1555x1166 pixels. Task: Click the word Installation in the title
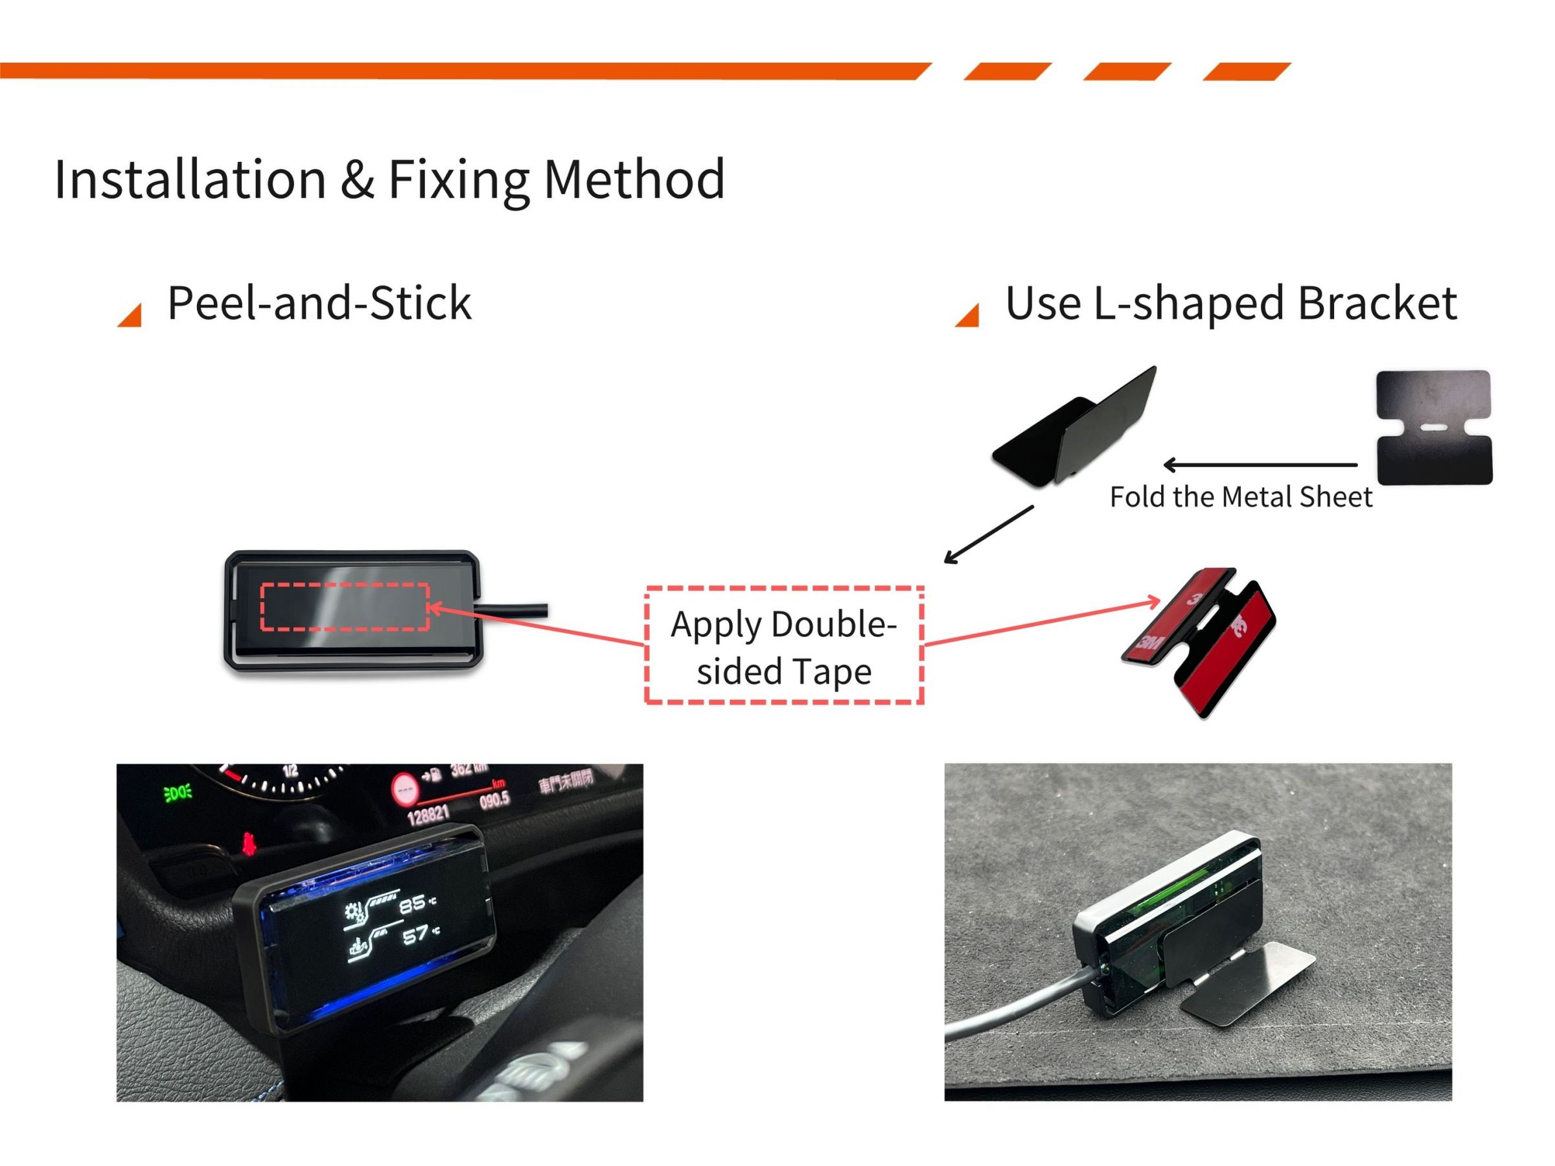point(190,180)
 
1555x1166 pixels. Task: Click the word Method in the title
point(634,180)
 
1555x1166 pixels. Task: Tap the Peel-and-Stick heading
point(319,304)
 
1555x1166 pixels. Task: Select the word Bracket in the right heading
point(1377,304)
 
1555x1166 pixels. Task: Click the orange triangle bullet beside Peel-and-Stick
point(131,316)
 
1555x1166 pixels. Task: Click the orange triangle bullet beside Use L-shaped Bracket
point(969,316)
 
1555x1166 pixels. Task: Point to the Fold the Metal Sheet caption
point(1241,497)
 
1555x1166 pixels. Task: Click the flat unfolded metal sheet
point(1434,427)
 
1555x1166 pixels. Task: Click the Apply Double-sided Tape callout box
point(784,645)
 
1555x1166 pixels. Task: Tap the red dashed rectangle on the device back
point(345,606)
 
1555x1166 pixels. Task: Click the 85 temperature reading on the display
point(413,904)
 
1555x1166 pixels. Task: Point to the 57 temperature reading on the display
point(415,935)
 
